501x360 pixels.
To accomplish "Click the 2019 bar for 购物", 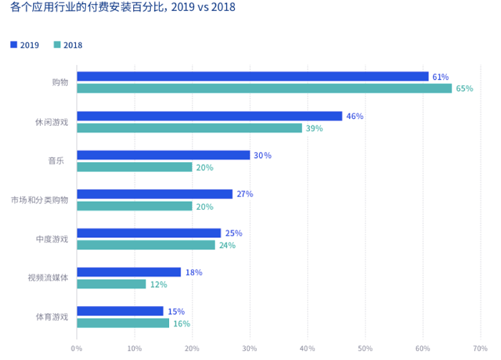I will (252, 76).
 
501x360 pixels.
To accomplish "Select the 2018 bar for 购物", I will (264, 88).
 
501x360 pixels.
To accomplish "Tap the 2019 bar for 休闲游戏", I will (209, 116).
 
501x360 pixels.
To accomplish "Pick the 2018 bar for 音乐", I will (134, 167).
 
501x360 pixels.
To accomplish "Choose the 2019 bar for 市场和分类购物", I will (154, 194).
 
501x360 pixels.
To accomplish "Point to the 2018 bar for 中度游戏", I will (145, 245).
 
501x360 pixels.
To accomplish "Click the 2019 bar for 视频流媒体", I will (128, 272).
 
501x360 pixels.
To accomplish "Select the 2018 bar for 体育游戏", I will (123, 323).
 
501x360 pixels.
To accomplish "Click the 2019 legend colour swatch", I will (14, 45).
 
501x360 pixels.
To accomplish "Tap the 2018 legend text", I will (73, 45).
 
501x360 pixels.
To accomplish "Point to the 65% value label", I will (464, 89).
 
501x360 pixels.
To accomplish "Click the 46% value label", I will (354, 116).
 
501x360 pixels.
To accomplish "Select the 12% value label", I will (158, 285).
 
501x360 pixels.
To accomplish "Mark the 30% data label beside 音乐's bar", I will (262, 155).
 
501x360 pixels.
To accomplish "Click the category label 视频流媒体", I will (48, 277).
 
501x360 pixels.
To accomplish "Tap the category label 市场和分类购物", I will (39, 200).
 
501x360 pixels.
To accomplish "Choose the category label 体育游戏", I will (52, 317).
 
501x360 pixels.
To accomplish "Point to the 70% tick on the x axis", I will (480, 348).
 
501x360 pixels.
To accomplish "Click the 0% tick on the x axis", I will (76, 348).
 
